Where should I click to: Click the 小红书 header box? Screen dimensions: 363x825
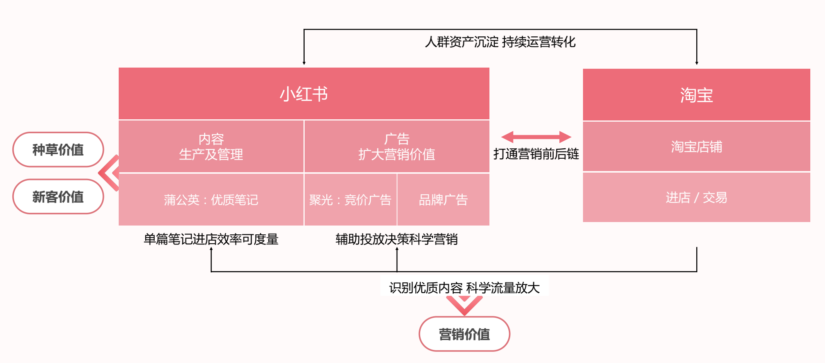click(304, 94)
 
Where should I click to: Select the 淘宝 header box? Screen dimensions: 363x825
click(696, 95)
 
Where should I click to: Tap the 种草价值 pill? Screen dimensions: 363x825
click(58, 150)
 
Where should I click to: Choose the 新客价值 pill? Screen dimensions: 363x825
click(58, 197)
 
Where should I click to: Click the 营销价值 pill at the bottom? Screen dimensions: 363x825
click(464, 334)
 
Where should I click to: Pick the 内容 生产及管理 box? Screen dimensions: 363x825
click(211, 147)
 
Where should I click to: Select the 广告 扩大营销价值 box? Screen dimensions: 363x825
click(397, 147)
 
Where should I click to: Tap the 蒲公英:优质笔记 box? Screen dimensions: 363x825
click(211, 200)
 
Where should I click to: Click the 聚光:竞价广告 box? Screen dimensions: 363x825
click(350, 200)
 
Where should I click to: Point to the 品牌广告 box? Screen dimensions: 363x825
click(443, 200)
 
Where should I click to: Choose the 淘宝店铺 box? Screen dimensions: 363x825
click(696, 147)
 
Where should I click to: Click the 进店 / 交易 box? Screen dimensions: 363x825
click(696, 197)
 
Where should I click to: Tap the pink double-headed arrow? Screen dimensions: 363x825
click(536, 137)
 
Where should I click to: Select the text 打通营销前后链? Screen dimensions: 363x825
click(536, 154)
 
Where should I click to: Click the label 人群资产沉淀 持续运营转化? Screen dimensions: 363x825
click(500, 42)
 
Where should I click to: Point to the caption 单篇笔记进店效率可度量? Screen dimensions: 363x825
click(211, 239)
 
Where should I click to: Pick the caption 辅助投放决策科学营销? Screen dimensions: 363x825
click(397, 239)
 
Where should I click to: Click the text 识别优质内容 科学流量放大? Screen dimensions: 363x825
click(464, 288)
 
